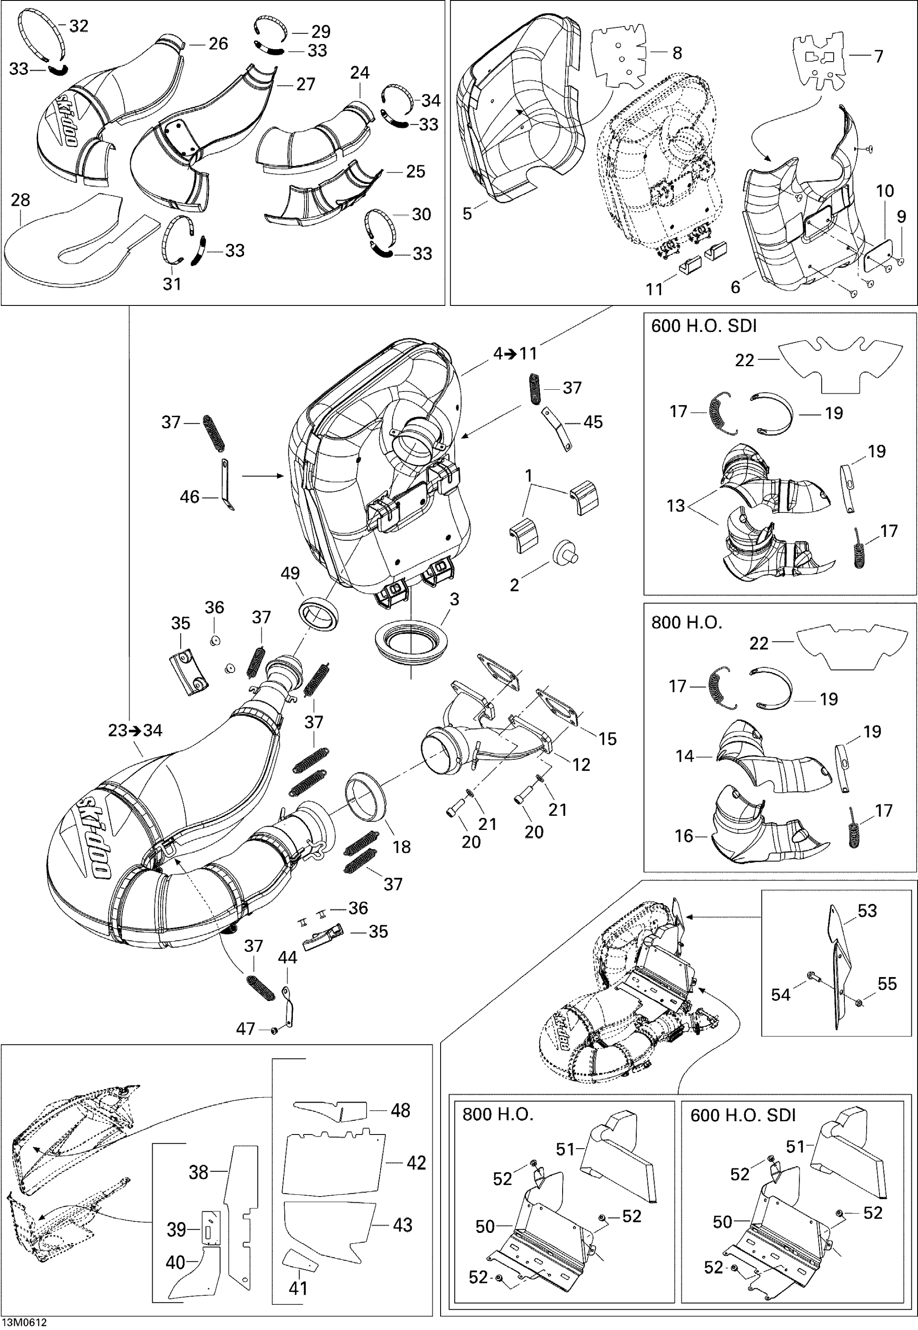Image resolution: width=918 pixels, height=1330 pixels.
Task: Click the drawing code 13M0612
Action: (x=24, y=1322)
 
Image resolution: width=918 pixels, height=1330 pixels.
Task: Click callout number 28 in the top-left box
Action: (x=20, y=200)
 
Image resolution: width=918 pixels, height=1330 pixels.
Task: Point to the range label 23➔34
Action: (x=136, y=731)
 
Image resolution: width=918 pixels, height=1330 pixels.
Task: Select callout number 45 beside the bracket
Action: (x=593, y=422)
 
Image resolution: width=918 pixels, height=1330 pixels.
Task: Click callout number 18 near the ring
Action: (x=402, y=847)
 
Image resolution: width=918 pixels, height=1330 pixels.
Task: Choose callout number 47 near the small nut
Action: (x=246, y=1029)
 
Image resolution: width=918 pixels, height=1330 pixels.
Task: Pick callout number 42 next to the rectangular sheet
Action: (x=417, y=1163)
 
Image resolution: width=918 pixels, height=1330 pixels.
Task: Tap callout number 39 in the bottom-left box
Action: (x=176, y=1229)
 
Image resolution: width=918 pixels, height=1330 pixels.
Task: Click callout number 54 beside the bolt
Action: (x=780, y=994)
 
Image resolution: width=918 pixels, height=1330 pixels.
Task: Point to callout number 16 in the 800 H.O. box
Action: (x=684, y=836)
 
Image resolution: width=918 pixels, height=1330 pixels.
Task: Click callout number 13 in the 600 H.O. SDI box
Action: (x=676, y=506)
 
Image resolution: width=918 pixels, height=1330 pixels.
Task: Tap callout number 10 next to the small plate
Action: (x=885, y=191)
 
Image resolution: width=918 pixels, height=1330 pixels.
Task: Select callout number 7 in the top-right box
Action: (x=879, y=56)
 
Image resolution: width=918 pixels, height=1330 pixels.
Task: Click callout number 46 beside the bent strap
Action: (x=189, y=497)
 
